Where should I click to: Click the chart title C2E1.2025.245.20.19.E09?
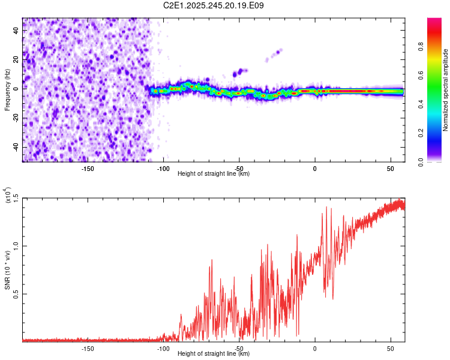coord(214,5)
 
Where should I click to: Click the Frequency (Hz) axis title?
coord(7,90)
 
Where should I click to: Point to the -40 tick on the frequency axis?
coord(16,147)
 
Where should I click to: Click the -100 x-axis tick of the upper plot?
coord(163,168)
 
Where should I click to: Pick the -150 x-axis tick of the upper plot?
coord(87,168)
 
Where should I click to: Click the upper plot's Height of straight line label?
coord(214,174)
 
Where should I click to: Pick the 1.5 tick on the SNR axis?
coord(16,197)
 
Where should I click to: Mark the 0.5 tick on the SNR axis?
coord(16,294)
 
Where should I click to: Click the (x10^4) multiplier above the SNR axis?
coord(8,196)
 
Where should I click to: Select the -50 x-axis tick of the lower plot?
coord(239,348)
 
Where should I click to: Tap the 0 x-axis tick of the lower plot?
coord(315,348)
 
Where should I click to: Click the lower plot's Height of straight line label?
coord(214,354)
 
